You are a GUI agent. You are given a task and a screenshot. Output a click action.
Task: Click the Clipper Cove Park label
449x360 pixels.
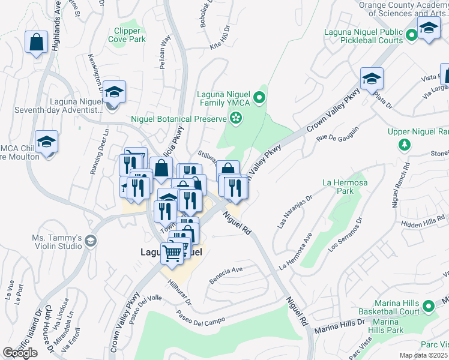click(127, 35)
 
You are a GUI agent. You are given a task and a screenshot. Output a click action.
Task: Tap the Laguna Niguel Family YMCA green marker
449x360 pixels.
click(259, 97)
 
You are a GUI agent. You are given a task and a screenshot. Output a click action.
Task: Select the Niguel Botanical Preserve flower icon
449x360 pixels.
click(237, 119)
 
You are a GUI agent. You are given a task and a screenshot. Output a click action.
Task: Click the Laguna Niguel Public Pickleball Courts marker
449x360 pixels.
click(411, 36)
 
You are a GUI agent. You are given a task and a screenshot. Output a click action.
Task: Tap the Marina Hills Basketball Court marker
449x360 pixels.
click(428, 307)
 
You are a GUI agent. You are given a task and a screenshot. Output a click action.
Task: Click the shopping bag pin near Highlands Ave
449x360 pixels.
click(36, 43)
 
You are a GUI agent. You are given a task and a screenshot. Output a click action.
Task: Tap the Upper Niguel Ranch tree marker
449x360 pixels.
click(405, 145)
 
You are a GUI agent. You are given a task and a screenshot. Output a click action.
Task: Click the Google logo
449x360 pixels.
click(20, 353)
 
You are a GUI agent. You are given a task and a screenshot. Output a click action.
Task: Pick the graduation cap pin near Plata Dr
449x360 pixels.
click(372, 79)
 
